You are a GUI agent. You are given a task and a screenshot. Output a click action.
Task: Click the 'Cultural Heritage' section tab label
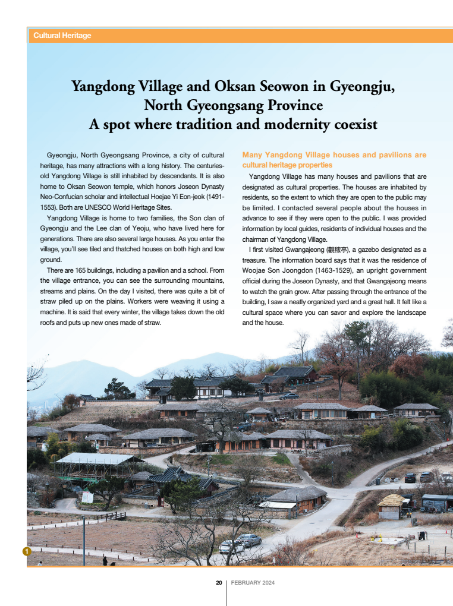(62, 36)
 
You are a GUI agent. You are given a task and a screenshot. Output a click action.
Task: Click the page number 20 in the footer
(219, 583)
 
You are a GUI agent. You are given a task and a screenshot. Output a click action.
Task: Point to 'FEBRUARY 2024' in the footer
(253, 583)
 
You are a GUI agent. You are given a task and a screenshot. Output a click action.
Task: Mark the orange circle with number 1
(26, 552)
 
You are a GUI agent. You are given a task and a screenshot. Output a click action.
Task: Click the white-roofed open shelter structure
(98, 460)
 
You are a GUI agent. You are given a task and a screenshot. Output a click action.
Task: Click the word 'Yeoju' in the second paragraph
(160, 229)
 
